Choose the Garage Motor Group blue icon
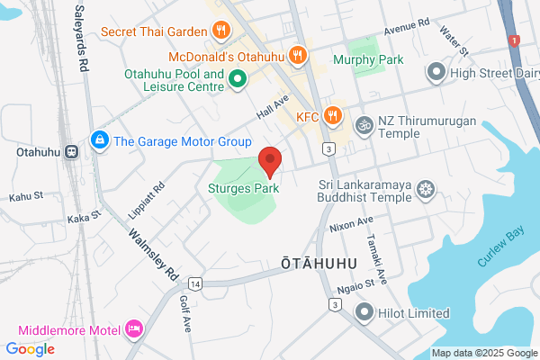tap(98, 140)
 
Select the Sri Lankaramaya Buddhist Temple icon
tap(427, 188)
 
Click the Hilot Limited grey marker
tap(364, 312)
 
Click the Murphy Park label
tap(368, 59)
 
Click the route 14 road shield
tap(196, 283)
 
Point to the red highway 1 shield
tap(514, 40)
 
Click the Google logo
tap(30, 349)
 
